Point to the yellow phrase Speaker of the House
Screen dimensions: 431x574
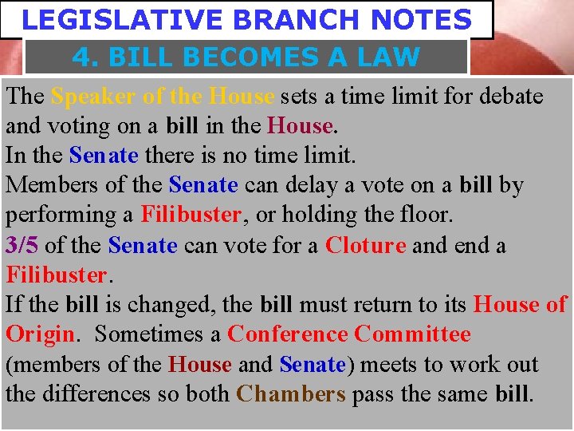[162, 97]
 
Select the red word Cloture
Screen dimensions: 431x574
[365, 245]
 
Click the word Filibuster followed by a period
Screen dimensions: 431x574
[57, 275]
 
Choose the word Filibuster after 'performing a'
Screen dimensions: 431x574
[191, 215]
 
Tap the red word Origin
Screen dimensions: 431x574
[40, 334]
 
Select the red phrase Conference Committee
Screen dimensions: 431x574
[349, 334]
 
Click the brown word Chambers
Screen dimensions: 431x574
[291, 394]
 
